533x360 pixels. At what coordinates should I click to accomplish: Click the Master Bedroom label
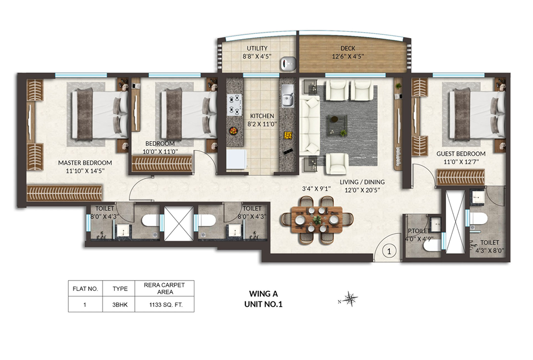pyautogui.click(x=85, y=163)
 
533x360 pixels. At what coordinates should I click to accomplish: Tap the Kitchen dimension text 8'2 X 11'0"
pyautogui.click(x=262, y=124)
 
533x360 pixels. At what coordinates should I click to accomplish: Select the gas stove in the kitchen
pyautogui.click(x=235, y=105)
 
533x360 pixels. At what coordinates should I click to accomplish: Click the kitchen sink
pyautogui.click(x=288, y=96)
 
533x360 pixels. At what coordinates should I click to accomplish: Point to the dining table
pyautogui.click(x=317, y=220)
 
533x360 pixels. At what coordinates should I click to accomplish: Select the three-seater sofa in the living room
pyautogui.click(x=310, y=124)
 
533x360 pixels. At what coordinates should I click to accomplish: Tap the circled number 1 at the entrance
pyautogui.click(x=389, y=251)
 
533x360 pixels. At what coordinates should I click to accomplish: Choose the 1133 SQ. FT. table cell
pyautogui.click(x=165, y=305)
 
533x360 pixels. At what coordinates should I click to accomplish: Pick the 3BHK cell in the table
pyautogui.click(x=120, y=305)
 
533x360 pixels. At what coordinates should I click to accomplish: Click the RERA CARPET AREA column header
pyautogui.click(x=165, y=288)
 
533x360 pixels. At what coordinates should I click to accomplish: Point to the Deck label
pyautogui.click(x=348, y=48)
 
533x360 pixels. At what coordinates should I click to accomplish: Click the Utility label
pyautogui.click(x=257, y=48)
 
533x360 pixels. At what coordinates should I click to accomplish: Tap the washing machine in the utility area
pyautogui.click(x=288, y=63)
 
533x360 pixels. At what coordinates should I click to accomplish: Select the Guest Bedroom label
pyautogui.click(x=461, y=153)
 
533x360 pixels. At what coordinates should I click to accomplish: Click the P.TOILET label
pyautogui.click(x=419, y=231)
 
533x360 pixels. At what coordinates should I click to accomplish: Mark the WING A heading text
pyautogui.click(x=264, y=293)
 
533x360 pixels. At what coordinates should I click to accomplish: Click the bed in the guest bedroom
pyautogui.click(x=476, y=114)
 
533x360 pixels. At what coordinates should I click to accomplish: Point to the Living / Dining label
pyautogui.click(x=362, y=182)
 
